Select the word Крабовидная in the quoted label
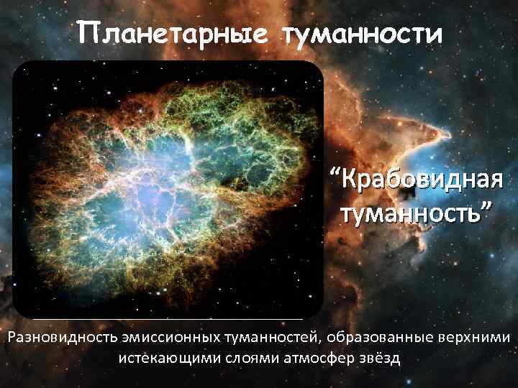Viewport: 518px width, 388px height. (x=421, y=178)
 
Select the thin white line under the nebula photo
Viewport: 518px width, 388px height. (x=165, y=318)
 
